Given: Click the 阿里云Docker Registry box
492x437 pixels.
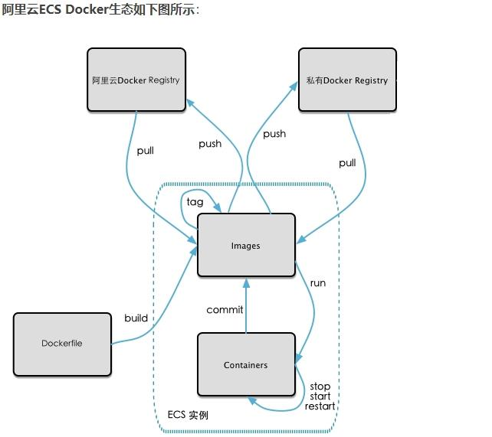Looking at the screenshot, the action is (x=136, y=80).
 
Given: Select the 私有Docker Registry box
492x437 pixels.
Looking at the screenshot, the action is (x=347, y=80).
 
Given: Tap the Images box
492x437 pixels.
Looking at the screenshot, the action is (x=246, y=245).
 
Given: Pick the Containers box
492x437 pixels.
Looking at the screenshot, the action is (x=246, y=364).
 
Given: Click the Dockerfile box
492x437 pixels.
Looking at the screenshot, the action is (x=62, y=344).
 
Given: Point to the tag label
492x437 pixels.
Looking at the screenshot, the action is (x=195, y=202).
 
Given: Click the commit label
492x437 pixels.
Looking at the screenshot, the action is (x=225, y=310).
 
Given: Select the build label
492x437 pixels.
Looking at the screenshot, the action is (x=136, y=318).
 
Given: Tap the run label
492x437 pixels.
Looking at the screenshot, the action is (x=318, y=283).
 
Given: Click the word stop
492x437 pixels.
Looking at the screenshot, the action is (x=320, y=386).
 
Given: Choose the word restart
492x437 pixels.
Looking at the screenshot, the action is (x=320, y=406).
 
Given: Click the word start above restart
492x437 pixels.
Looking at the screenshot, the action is (x=320, y=396).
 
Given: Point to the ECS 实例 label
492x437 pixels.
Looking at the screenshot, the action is (x=188, y=415).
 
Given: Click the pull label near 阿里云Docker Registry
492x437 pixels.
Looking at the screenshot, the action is (x=146, y=151).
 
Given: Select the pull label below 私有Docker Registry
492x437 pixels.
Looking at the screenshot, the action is (x=347, y=163).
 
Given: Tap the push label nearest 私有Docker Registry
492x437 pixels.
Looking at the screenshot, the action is (x=274, y=135).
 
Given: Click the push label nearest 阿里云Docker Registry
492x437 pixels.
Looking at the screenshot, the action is (x=210, y=144).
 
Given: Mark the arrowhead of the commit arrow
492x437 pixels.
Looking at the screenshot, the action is (x=246, y=283).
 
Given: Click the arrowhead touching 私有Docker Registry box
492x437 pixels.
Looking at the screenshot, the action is (x=294, y=86).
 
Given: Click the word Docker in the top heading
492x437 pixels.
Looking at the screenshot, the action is (x=87, y=9).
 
